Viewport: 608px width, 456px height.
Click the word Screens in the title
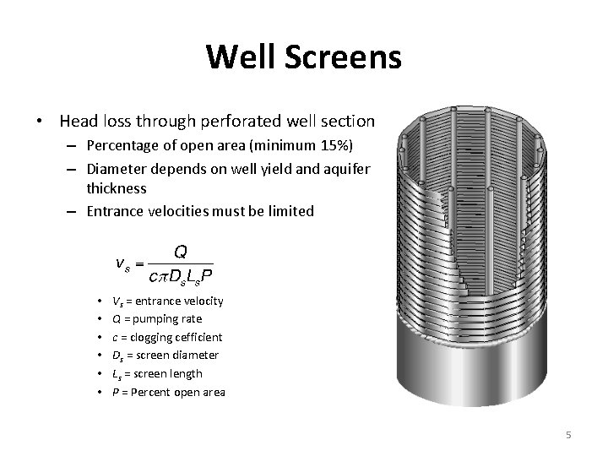coord(341,57)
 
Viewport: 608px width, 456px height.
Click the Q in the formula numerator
coord(181,251)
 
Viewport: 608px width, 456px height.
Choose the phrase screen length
coord(166,373)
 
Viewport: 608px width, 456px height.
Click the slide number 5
coord(568,435)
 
